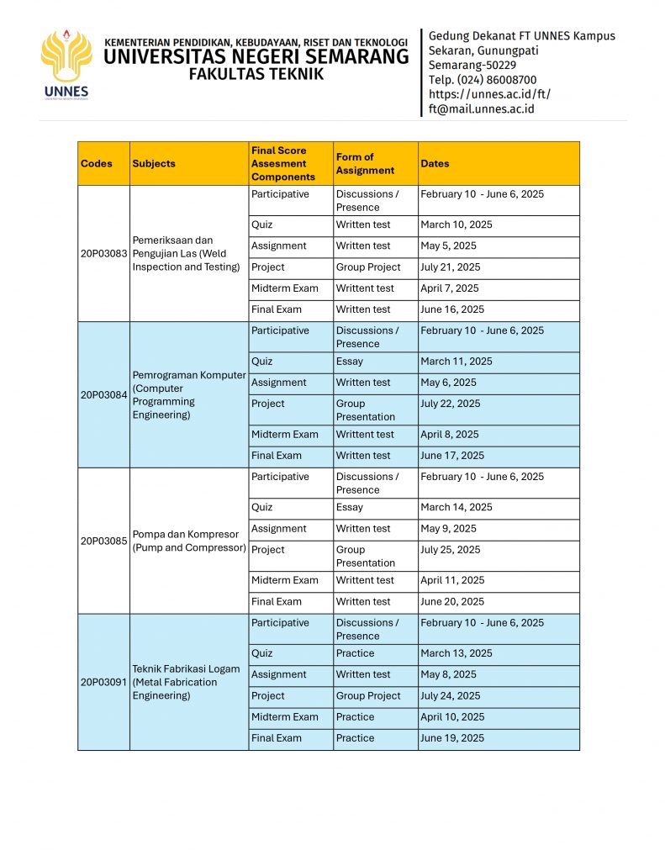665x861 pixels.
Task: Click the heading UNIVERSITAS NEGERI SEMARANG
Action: pyautogui.click(x=256, y=57)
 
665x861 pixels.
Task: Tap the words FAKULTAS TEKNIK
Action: pyautogui.click(x=256, y=74)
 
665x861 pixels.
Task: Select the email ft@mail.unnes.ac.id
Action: pyautogui.click(x=481, y=109)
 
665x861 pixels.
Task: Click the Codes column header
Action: pyautogui.click(x=97, y=164)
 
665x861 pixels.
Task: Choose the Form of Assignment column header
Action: pyautogui.click(x=365, y=164)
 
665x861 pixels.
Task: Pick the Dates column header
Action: pyautogui.click(x=435, y=164)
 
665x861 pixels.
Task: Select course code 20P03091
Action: pyautogui.click(x=103, y=682)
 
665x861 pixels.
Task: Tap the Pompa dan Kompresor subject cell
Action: pyautogui.click(x=189, y=541)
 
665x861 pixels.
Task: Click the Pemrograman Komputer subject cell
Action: pyautogui.click(x=189, y=395)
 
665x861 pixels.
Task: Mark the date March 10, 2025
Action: pyautogui.click(x=457, y=225)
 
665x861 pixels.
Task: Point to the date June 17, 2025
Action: pyautogui.click(x=452, y=456)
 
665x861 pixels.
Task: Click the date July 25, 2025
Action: pyautogui.click(x=451, y=550)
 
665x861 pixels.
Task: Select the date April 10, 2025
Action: pyautogui.click(x=452, y=717)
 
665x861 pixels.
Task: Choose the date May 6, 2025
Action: pyautogui.click(x=448, y=383)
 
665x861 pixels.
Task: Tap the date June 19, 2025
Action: pyautogui.click(x=452, y=738)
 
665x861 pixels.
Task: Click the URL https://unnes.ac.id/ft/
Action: pyautogui.click(x=489, y=94)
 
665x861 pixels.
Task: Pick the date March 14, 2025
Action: pyautogui.click(x=457, y=508)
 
